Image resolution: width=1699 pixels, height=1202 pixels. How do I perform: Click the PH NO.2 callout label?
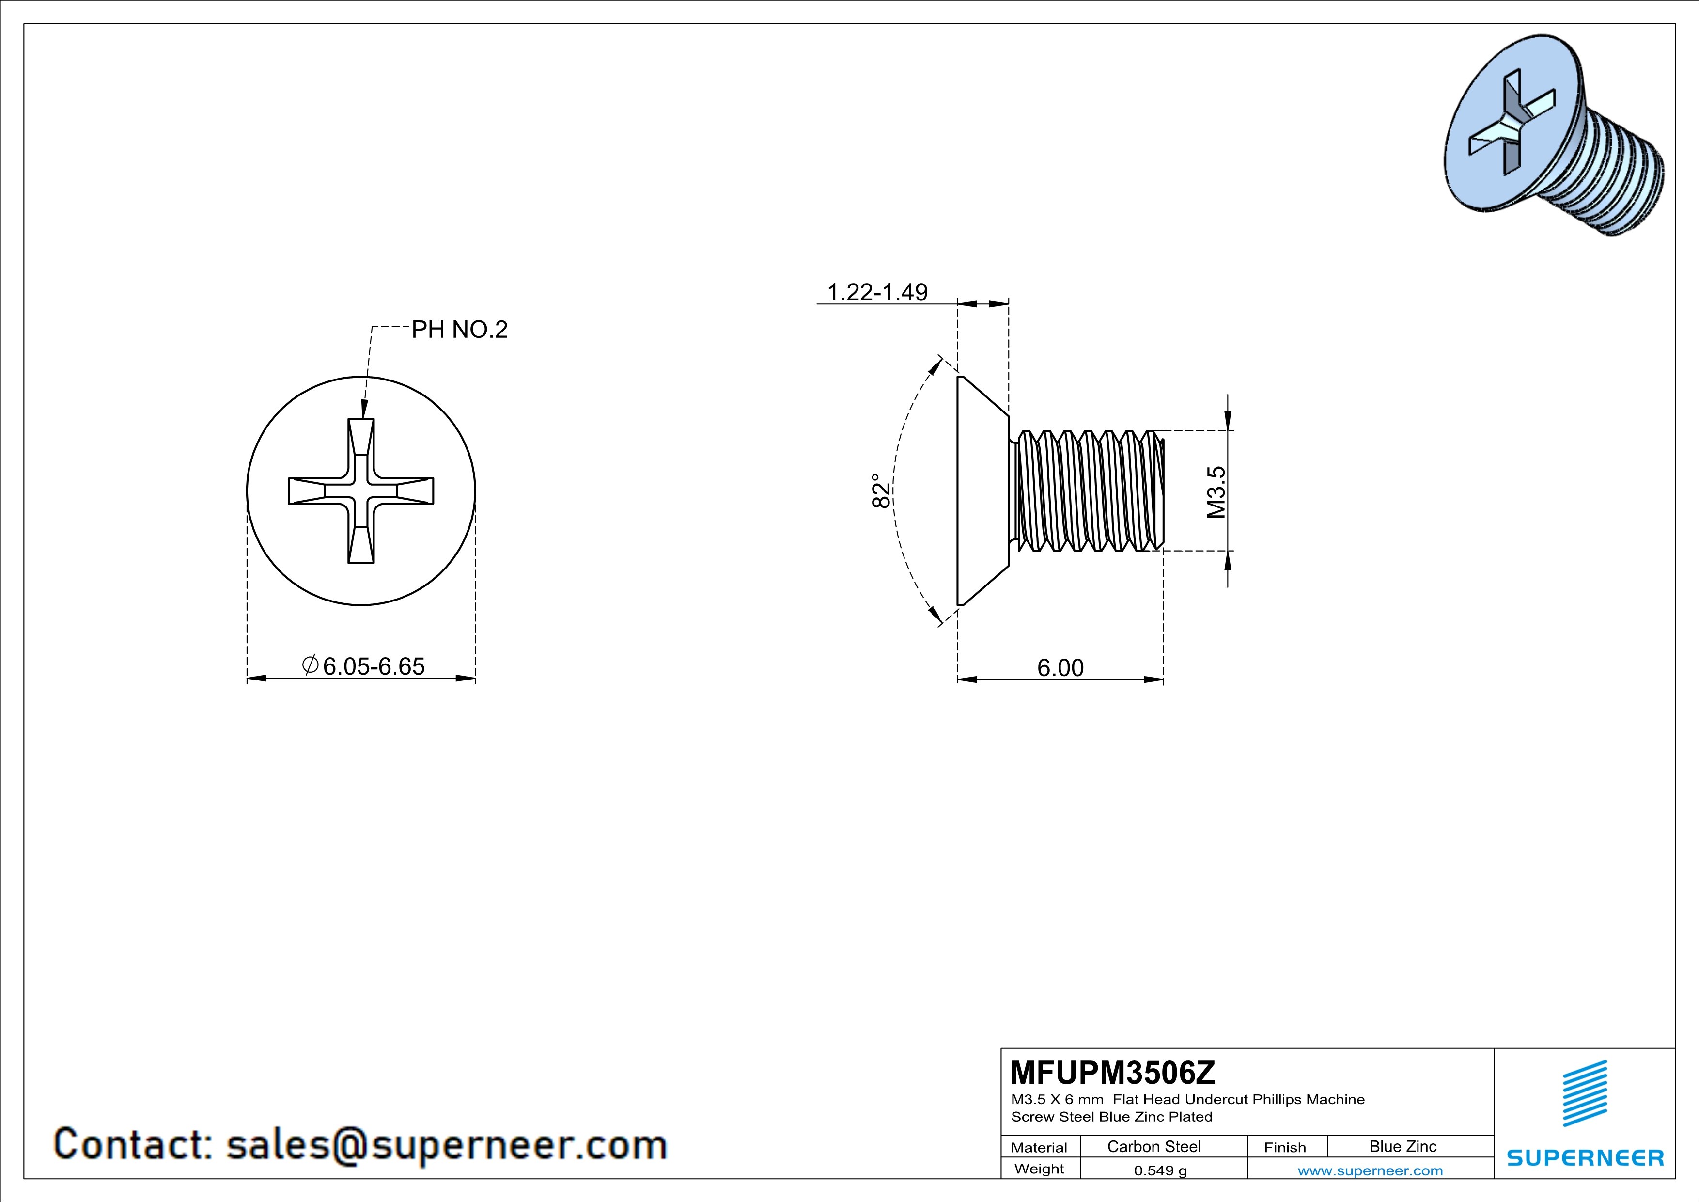click(x=460, y=330)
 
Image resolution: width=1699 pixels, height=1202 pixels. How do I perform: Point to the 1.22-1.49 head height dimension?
click(x=877, y=292)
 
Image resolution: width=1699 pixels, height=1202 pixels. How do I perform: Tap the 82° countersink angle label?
click(x=881, y=490)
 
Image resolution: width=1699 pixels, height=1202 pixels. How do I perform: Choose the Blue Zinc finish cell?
click(x=1403, y=1146)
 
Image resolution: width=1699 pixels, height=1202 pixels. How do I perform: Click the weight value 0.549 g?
click(x=1160, y=1170)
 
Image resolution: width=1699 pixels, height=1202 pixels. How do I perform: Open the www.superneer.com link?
click(x=1371, y=1170)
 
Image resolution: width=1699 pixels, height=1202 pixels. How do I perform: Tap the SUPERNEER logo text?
click(x=1585, y=1157)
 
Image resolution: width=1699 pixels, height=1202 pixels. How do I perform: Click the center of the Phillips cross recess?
click(x=361, y=490)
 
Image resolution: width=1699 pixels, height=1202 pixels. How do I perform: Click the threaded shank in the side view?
click(x=1088, y=490)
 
